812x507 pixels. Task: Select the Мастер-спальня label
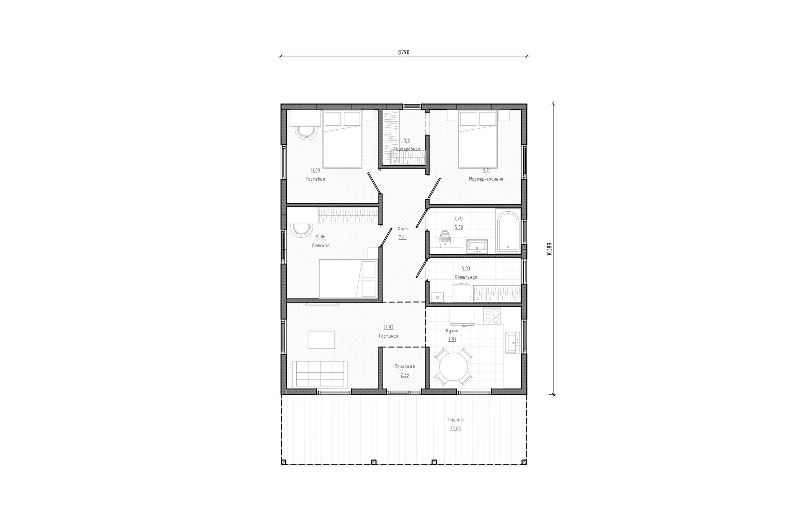486,179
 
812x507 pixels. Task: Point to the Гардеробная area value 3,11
407,141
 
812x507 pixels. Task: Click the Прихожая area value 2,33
405,375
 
